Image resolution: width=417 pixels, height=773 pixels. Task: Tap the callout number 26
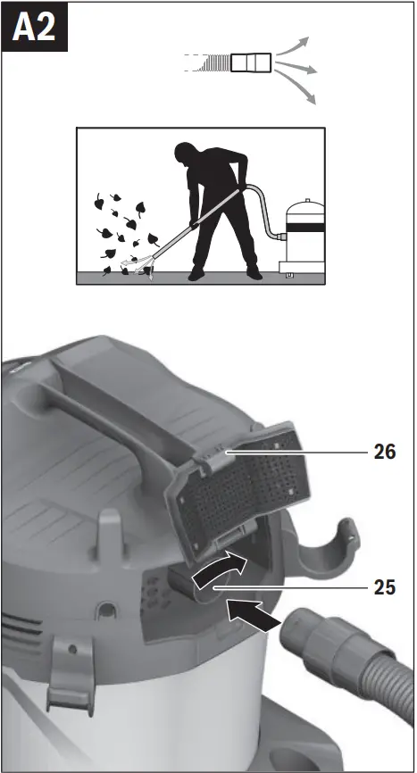pos(385,453)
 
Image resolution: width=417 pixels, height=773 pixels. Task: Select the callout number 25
pos(385,588)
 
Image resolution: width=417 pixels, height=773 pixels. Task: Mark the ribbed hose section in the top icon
pos(213,62)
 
